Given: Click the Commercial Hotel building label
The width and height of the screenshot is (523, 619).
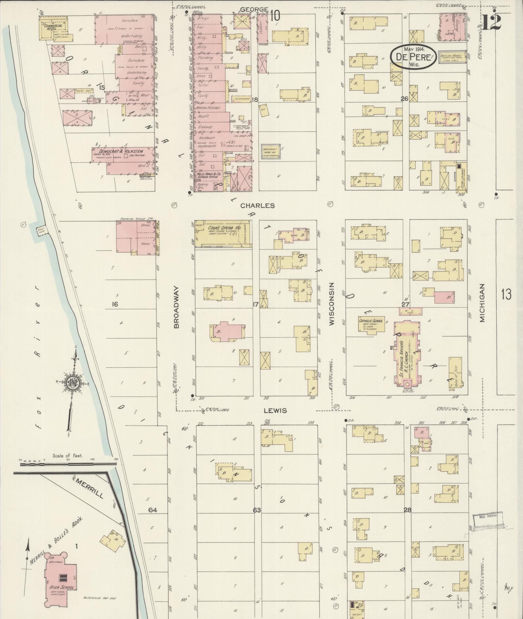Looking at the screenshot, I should pyautogui.click(x=53, y=26).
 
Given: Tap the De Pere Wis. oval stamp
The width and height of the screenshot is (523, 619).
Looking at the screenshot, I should pyautogui.click(x=413, y=57).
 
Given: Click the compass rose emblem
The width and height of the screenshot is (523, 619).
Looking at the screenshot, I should pyautogui.click(x=72, y=383).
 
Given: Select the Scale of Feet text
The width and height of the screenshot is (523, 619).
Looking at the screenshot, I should pyautogui.click(x=68, y=456).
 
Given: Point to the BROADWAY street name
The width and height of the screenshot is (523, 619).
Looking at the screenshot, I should pyautogui.click(x=176, y=307).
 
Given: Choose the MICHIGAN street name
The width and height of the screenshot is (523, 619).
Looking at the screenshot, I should pyautogui.click(x=482, y=303).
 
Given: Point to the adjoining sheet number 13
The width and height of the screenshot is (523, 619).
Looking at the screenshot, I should pyautogui.click(x=506, y=294).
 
